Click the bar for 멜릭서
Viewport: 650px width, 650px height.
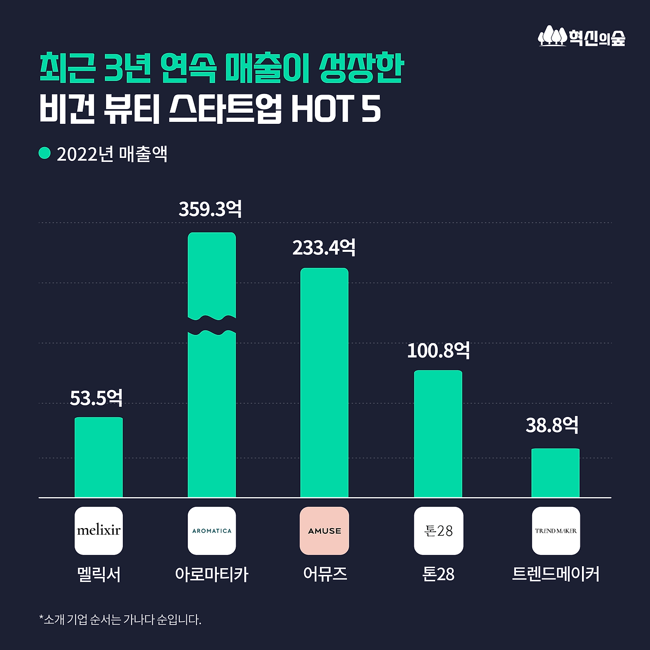tap(99, 457)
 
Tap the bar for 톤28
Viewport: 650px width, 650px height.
tap(438, 434)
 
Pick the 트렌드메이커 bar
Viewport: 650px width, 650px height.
tap(555, 473)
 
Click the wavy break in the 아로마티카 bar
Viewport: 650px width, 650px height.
tap(212, 325)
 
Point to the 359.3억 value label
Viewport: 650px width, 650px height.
tap(210, 209)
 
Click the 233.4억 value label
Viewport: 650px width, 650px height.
tap(324, 248)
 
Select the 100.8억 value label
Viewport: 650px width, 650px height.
tap(438, 350)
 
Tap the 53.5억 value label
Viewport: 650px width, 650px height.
tap(96, 398)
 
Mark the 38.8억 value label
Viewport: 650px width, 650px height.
tap(552, 425)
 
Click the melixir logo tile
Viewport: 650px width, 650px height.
tap(99, 531)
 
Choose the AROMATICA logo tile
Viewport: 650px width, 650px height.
tap(212, 531)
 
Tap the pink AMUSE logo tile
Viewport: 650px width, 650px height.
tap(324, 531)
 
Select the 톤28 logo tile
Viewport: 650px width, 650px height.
tap(438, 531)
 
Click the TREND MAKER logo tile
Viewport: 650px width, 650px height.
tap(556, 531)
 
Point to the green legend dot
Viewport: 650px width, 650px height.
tap(45, 153)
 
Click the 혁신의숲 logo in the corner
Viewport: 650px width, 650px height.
tap(581, 37)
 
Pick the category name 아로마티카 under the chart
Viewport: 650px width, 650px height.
tap(212, 574)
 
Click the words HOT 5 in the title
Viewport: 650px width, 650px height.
tap(336, 109)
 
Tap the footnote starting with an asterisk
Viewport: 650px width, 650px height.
tap(120, 620)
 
